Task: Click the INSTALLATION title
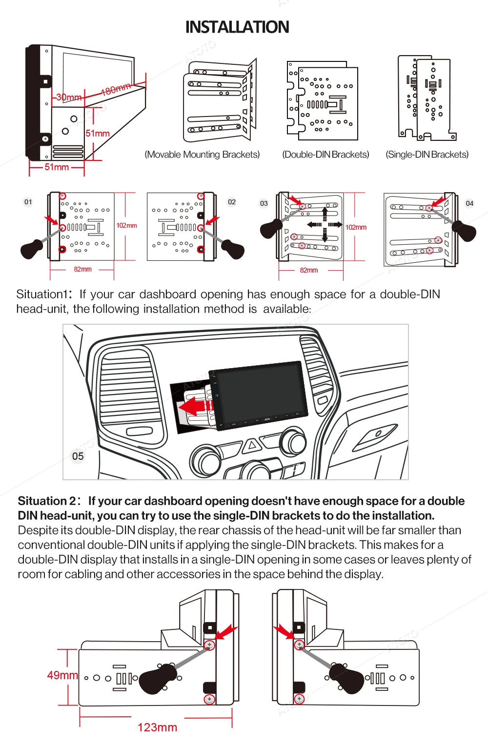tap(237, 27)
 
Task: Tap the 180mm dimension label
tap(116, 89)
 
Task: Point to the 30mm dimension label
tap(69, 97)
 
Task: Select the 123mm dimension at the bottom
tap(157, 727)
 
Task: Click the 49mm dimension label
tap(62, 675)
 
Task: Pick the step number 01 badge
tap(28, 202)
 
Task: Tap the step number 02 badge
tap(232, 202)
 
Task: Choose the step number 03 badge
tap(264, 203)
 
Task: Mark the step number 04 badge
tap(469, 203)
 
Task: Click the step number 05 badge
tap(78, 456)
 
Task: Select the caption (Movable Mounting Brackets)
tap(202, 155)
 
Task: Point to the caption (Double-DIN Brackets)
tap(325, 155)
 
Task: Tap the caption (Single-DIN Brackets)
tap(427, 155)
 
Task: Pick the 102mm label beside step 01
tap(126, 225)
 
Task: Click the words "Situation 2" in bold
tap(47, 501)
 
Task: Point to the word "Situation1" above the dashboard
tap(42, 294)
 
